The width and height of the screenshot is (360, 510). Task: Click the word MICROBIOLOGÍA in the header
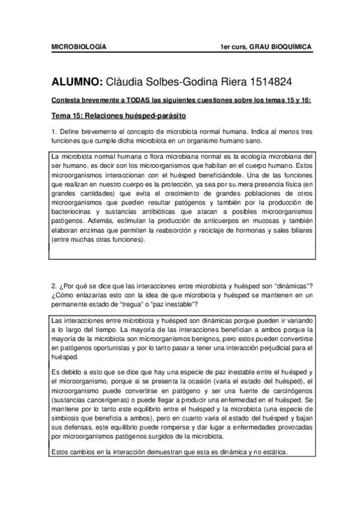78,46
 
